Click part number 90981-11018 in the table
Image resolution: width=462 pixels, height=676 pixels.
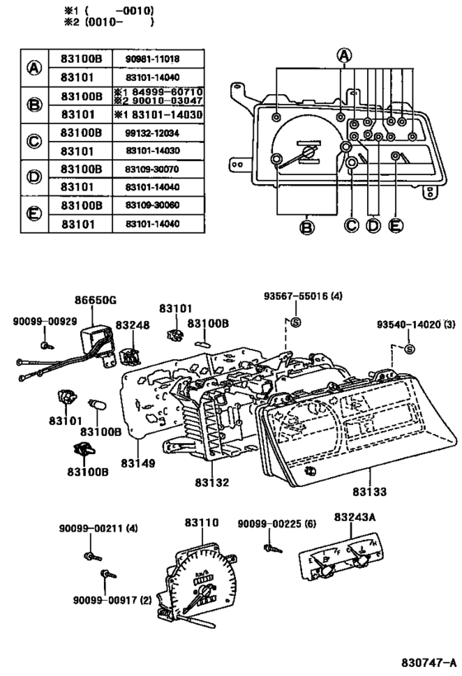[152, 59]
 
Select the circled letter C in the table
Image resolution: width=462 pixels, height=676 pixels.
[34, 141]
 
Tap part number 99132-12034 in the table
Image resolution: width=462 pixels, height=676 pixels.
[152, 133]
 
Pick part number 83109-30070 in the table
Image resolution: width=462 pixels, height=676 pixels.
[152, 169]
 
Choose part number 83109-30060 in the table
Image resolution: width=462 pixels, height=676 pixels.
[152, 206]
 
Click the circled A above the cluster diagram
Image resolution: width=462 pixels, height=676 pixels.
[344, 55]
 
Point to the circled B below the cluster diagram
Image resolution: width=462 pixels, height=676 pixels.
[306, 227]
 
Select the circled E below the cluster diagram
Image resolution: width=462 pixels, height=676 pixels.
[396, 225]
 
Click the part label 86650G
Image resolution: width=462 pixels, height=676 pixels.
[95, 300]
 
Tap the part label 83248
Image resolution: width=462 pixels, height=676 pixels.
[132, 324]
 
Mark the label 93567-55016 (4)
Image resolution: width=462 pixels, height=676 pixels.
[303, 296]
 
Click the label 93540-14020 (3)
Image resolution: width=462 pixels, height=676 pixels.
[416, 324]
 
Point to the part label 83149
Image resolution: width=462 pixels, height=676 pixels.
[138, 463]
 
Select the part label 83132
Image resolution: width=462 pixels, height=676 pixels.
[212, 482]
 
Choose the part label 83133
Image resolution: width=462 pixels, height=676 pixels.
[370, 491]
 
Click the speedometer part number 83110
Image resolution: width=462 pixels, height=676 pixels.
[201, 522]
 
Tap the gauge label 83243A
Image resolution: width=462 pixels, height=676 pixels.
[355, 517]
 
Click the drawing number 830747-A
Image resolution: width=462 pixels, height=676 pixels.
[428, 662]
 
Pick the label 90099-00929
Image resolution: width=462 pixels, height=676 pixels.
[45, 321]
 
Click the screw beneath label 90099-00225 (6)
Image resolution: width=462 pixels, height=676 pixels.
[273, 548]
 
